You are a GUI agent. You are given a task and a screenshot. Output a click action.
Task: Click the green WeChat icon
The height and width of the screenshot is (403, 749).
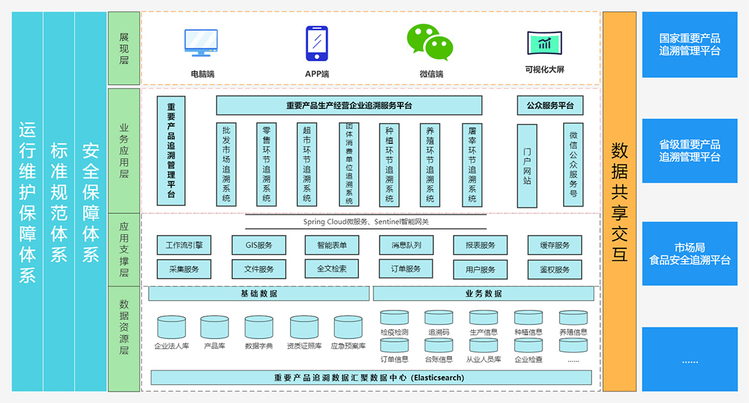(x=429, y=42)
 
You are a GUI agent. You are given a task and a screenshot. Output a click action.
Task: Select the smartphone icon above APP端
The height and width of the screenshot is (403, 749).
(x=316, y=43)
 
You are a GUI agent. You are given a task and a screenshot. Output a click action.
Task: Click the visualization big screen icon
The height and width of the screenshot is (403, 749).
(x=544, y=43)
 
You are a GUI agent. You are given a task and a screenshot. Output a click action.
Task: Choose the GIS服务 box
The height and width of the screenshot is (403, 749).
(x=258, y=246)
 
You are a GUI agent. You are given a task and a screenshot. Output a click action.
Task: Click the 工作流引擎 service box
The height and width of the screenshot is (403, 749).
(x=184, y=246)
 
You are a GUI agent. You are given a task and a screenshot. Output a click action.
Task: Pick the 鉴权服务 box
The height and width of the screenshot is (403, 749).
(x=555, y=270)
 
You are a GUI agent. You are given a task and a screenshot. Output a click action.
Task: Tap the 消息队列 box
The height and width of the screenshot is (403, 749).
(x=406, y=246)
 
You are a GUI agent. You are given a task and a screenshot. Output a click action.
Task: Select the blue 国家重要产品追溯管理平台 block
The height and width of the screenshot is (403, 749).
(x=690, y=45)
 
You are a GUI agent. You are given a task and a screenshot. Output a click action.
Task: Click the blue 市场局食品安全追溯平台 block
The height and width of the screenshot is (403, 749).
(x=690, y=254)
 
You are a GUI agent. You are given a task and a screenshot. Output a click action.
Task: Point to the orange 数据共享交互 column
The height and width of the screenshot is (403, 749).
(x=619, y=202)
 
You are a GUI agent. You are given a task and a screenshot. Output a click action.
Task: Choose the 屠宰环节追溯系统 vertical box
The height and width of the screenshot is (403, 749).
(x=472, y=164)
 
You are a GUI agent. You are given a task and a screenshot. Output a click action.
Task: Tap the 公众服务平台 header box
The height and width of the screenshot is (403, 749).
(x=550, y=106)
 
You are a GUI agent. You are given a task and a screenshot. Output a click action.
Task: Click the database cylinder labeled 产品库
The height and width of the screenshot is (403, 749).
(x=214, y=328)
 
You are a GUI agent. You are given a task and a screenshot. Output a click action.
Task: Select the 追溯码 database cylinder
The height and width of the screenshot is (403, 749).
(x=439, y=318)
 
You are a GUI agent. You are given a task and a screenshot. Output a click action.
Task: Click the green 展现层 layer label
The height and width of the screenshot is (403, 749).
(x=124, y=48)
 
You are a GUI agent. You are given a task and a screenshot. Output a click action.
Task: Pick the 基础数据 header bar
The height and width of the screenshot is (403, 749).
(x=259, y=294)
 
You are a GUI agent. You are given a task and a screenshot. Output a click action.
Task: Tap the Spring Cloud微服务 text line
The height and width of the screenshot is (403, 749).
(x=365, y=221)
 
